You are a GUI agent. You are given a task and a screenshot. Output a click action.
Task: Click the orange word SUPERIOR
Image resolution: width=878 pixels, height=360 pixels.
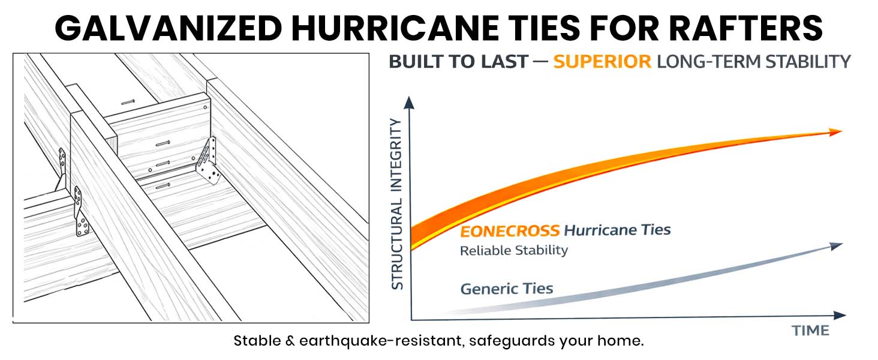[x=602, y=62]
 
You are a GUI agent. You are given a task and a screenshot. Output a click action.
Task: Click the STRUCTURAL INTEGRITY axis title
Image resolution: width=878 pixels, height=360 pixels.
[x=397, y=204]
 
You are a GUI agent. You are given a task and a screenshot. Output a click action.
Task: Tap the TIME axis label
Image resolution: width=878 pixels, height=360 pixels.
[x=810, y=331]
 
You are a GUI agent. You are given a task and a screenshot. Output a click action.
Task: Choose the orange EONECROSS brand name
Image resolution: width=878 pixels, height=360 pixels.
[x=510, y=231]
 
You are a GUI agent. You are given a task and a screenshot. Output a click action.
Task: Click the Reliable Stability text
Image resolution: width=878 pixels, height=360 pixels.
[x=513, y=250]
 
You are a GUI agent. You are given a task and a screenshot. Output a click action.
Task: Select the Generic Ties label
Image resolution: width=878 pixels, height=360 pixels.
[x=507, y=289]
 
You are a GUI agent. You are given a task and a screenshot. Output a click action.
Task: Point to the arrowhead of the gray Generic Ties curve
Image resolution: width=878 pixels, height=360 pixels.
[x=837, y=245]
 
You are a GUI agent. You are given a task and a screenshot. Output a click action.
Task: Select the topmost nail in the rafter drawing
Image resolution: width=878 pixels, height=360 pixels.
[x=127, y=103]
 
